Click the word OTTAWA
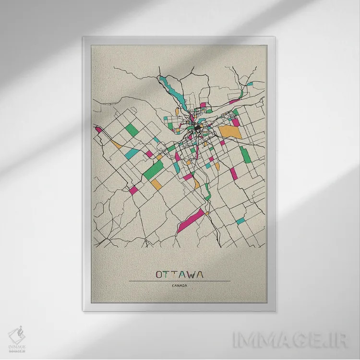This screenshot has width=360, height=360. (179, 274)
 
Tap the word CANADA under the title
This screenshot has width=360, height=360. (179, 287)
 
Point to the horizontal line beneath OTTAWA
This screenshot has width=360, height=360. (179, 281)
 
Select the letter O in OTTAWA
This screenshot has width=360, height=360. (159, 274)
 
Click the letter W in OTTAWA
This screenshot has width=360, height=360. (189, 274)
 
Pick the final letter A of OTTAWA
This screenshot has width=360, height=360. (199, 274)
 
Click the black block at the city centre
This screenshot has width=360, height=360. (197, 129)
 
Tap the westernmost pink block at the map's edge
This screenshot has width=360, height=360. (98, 129)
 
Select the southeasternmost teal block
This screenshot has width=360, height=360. (240, 221)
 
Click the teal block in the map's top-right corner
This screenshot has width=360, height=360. (250, 84)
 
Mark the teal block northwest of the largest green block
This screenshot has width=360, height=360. (132, 154)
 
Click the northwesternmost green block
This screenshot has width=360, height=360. (132, 129)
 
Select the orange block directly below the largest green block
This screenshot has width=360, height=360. (156, 184)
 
